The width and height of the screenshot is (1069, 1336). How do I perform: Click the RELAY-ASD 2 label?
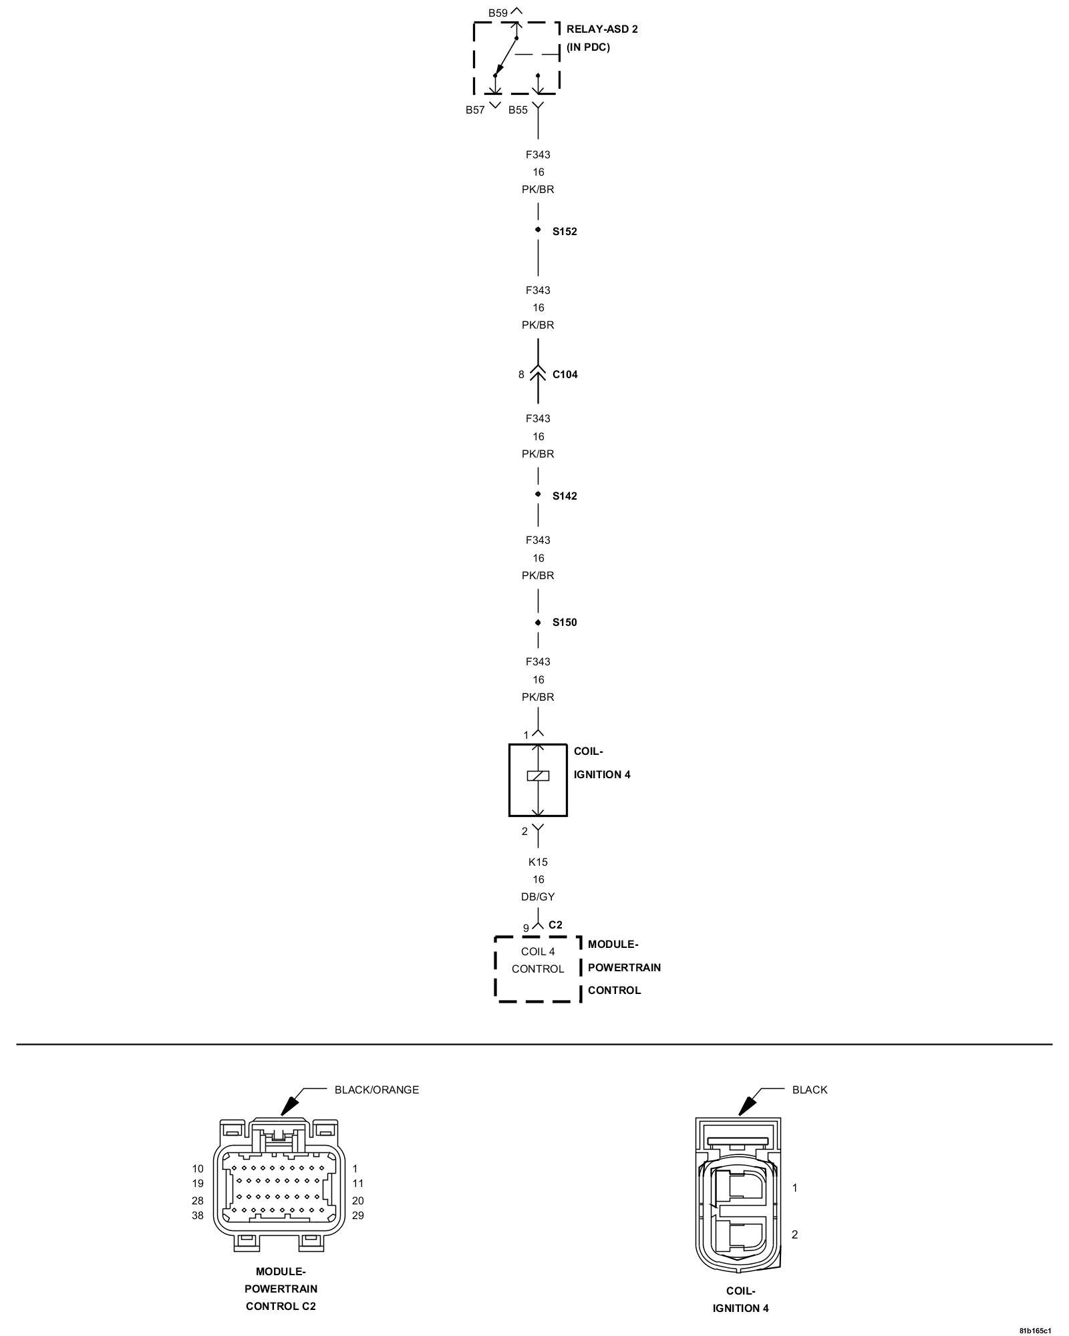[x=601, y=29]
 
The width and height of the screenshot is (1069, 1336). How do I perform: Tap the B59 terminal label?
[x=498, y=13]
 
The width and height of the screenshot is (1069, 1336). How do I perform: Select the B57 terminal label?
[x=475, y=110]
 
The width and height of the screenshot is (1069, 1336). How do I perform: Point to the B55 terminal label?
[x=518, y=110]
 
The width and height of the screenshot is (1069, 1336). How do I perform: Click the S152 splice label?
[x=565, y=232]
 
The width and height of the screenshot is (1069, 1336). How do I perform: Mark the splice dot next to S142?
[x=538, y=494]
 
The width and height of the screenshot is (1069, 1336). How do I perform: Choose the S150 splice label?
[x=565, y=623]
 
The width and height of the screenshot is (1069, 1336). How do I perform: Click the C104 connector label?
[x=565, y=375]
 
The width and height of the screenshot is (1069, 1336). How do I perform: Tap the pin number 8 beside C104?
[x=521, y=375]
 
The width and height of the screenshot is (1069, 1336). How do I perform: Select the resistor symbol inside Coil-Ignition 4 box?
[x=538, y=776]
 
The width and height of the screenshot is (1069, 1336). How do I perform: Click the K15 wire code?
[x=538, y=862]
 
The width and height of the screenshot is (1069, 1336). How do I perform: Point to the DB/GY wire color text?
[x=538, y=897]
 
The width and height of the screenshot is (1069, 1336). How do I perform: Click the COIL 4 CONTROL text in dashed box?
[x=538, y=960]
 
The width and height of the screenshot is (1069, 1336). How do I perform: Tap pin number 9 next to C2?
[x=526, y=928]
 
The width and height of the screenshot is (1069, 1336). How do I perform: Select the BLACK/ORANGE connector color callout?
[x=376, y=1090]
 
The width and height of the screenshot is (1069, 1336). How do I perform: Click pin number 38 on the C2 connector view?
[x=198, y=1216]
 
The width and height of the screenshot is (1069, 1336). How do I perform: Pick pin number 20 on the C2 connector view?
[x=358, y=1200]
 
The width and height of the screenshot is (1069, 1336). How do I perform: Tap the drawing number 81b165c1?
[x=1035, y=1330]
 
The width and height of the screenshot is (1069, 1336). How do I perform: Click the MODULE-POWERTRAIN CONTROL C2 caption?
[x=281, y=1289]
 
